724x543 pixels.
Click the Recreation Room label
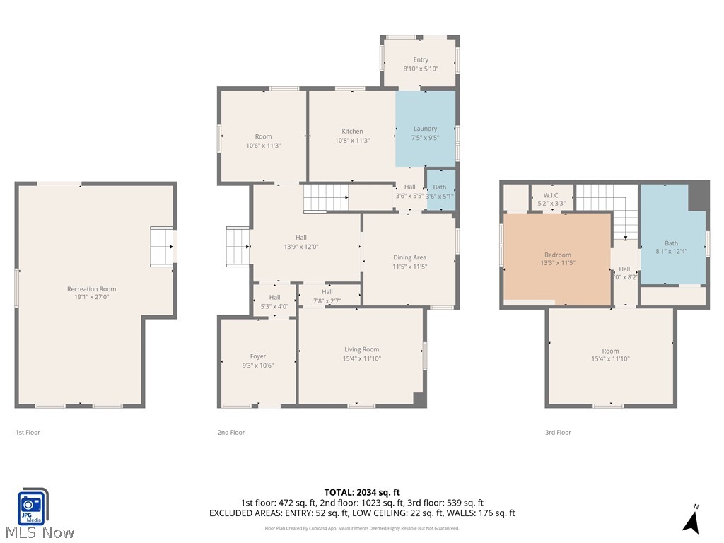click(91, 288)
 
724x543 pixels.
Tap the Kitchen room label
click(352, 131)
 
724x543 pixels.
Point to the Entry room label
click(421, 60)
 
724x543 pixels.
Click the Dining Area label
click(409, 257)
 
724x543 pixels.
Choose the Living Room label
click(361, 349)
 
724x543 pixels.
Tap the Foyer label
click(258, 356)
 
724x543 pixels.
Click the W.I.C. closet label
click(551, 195)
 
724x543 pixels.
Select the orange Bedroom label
click(557, 255)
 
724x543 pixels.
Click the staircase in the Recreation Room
click(162, 246)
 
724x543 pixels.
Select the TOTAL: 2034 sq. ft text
click(362, 492)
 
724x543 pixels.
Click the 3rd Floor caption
click(558, 432)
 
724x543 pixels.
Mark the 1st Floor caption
click(28, 432)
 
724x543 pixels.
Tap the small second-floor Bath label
click(439, 187)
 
